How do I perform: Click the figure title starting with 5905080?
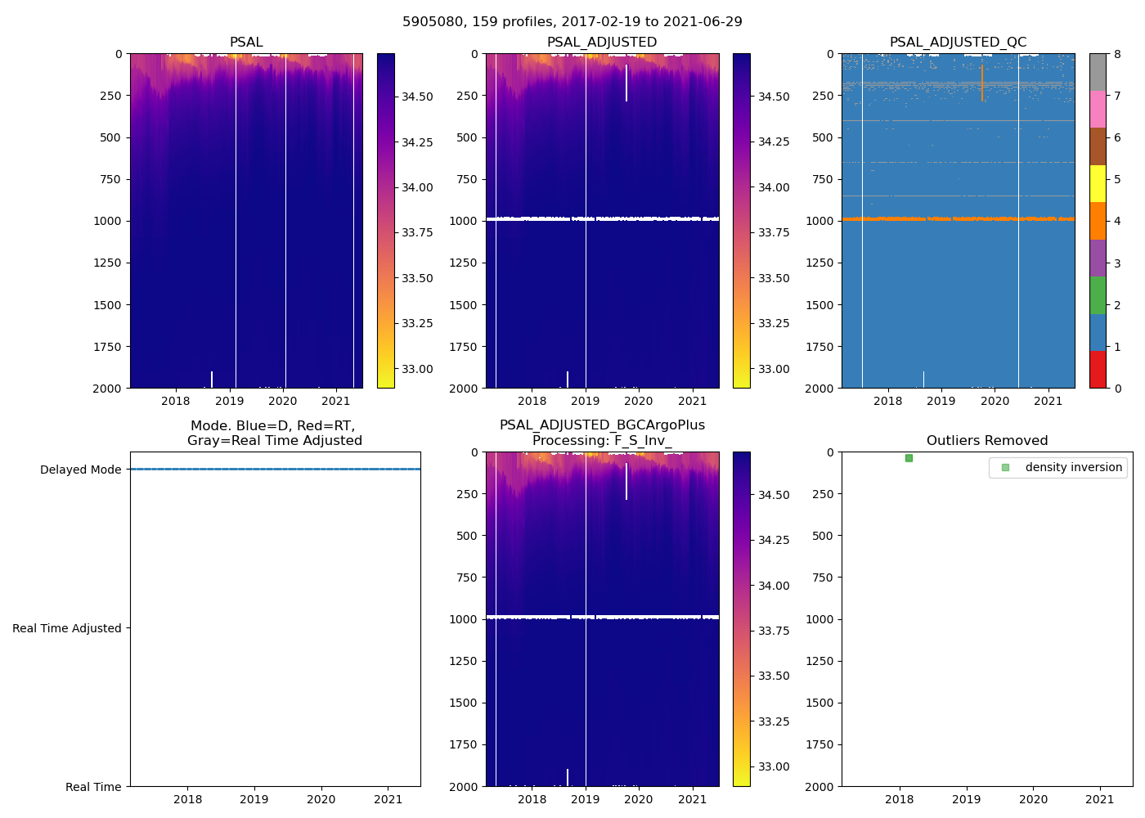click(x=572, y=22)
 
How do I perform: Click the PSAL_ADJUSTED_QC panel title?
click(x=958, y=43)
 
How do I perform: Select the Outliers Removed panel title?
click(x=986, y=441)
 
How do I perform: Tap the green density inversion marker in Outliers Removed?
click(x=909, y=458)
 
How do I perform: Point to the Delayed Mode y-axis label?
click(x=80, y=470)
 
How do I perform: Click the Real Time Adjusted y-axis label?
click(x=67, y=628)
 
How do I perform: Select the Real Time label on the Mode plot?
click(x=93, y=787)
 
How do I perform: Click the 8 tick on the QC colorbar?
click(x=1116, y=54)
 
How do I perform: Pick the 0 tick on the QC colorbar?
click(x=1116, y=388)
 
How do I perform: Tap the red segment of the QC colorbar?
click(x=1098, y=370)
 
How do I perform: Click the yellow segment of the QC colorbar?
click(x=1098, y=184)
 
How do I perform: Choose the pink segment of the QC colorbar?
click(x=1098, y=110)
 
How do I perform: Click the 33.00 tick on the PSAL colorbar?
click(x=416, y=369)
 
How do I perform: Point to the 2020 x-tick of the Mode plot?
click(x=321, y=799)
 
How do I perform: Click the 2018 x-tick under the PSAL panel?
click(x=176, y=401)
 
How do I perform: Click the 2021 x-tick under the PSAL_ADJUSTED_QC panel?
click(x=1048, y=401)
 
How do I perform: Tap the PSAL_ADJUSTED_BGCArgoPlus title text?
click(x=602, y=425)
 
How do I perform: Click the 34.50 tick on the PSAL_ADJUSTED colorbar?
click(x=774, y=97)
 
